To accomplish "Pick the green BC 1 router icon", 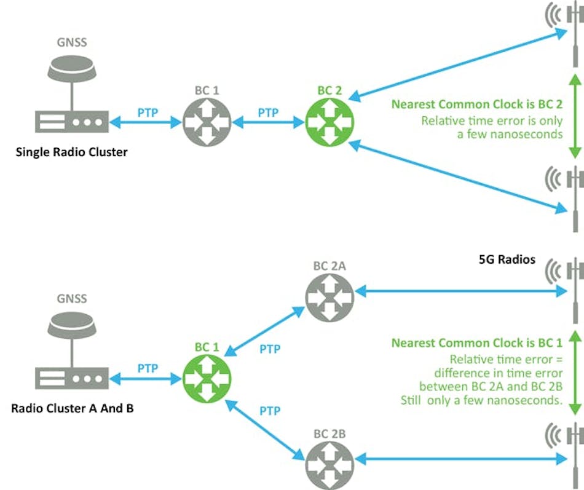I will (x=207, y=377).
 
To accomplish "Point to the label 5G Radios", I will (x=507, y=259).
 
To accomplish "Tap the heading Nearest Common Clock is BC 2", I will (x=477, y=104).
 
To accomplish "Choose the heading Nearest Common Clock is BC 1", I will (x=477, y=343).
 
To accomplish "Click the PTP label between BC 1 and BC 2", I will (x=268, y=113).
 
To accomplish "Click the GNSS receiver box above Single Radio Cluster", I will (x=72, y=123).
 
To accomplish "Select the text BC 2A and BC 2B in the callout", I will (x=499, y=386).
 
